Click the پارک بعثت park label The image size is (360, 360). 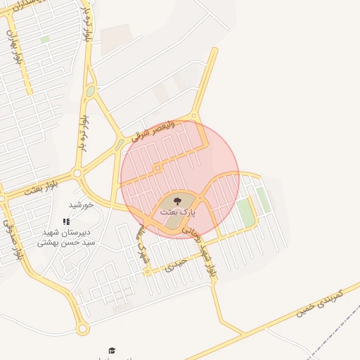[x=178, y=211]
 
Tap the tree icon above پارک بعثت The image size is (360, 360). [x=176, y=201]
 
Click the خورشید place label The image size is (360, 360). [x=81, y=205]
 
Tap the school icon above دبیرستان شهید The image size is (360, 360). [x=67, y=221]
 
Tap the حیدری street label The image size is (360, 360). [x=176, y=264]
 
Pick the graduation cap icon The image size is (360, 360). [x=112, y=350]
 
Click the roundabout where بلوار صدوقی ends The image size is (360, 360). [x=83, y=328]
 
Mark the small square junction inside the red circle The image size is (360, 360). [x=159, y=168]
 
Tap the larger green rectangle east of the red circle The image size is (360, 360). [x=245, y=212]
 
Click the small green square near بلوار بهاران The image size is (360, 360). [x=45, y=40]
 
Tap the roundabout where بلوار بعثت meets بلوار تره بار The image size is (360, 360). [x=77, y=173]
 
